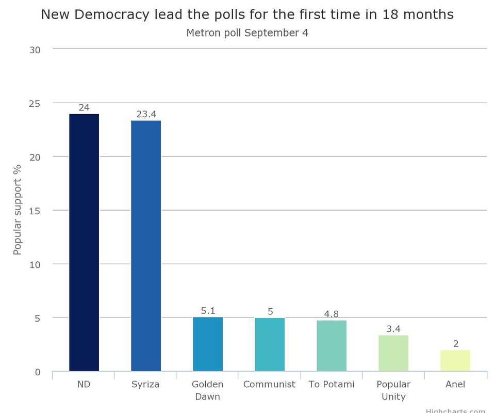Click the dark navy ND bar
point(84,243)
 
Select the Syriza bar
point(146,246)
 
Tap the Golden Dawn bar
point(208,344)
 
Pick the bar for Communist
point(270,345)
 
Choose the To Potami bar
point(332,346)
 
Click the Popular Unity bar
point(393,354)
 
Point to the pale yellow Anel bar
point(455,361)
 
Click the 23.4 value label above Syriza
point(146,114)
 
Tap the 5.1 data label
point(208,311)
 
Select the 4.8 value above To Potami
point(332,314)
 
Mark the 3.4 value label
point(393,329)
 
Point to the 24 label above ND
point(84,107)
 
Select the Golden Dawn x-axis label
point(207,390)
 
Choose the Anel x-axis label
point(455,384)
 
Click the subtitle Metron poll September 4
point(247,33)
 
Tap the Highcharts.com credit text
point(456,410)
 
